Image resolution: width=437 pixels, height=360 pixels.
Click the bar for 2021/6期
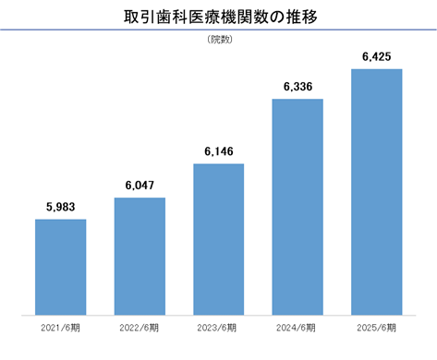point(61,267)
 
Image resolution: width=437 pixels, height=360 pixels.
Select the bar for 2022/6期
point(140,257)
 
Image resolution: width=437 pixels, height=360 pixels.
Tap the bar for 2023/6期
point(219,239)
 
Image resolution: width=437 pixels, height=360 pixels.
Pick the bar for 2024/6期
point(297,207)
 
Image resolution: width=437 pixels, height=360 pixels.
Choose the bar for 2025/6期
point(377,192)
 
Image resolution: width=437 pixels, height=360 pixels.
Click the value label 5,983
point(61,207)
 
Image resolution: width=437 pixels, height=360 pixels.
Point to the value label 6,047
point(140,186)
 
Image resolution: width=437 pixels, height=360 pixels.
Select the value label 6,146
point(219,151)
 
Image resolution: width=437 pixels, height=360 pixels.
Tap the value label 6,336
point(297,87)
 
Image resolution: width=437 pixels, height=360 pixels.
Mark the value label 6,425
point(377,57)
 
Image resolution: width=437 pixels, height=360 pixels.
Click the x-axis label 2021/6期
point(60,328)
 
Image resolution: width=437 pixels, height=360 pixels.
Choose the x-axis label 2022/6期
point(140,328)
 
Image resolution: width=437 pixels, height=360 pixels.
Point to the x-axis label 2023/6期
point(217,328)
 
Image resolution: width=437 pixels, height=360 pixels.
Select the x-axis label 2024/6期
point(296,328)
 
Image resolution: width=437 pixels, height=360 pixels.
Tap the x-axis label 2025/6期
point(377,328)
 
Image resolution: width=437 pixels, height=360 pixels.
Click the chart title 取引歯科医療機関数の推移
point(221,17)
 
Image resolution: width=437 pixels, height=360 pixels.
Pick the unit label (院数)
point(220,40)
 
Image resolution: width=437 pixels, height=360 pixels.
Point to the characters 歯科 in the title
point(172,17)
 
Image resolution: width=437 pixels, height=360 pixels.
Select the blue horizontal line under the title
point(218,30)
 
